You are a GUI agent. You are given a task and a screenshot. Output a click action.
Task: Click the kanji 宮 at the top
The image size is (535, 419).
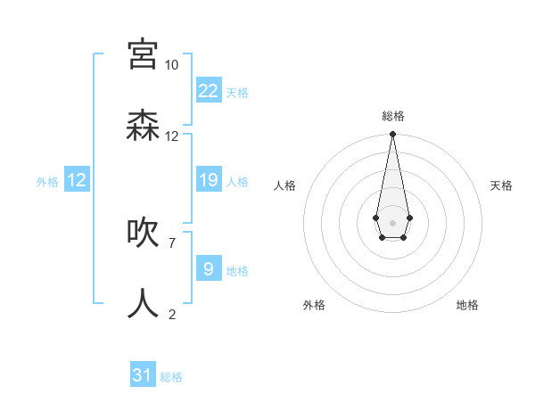[143, 55]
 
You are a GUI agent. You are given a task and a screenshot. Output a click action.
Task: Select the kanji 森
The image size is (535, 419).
[143, 126]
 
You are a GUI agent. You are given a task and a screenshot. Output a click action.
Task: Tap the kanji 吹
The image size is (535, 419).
[143, 233]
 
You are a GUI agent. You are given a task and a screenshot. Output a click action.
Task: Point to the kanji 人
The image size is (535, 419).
[143, 304]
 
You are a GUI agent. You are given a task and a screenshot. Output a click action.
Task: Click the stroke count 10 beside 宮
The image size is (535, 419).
[171, 65]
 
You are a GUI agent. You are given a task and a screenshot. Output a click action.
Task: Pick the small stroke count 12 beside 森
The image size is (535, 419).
[171, 136]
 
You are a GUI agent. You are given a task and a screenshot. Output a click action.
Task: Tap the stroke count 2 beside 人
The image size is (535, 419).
[171, 314]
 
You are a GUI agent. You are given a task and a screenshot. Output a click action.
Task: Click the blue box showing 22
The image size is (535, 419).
[208, 91]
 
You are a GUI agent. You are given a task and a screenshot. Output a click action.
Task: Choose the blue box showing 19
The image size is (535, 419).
[208, 180]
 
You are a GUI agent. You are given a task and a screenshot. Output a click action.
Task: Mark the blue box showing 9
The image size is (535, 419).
[208, 268]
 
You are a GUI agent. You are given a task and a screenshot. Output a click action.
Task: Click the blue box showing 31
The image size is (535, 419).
[143, 375]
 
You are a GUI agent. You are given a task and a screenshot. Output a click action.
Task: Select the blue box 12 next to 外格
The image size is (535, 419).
[77, 180]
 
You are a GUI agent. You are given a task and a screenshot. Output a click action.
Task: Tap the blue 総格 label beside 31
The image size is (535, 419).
[171, 377]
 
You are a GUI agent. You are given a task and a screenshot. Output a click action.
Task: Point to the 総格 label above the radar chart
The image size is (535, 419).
[393, 116]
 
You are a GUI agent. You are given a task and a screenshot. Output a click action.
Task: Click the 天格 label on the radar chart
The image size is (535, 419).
[501, 185]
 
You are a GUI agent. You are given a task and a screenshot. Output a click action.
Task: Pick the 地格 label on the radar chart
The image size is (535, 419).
[467, 305]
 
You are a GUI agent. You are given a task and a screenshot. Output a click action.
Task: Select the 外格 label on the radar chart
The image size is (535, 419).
[314, 305]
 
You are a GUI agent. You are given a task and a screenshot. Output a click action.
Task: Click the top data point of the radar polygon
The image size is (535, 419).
[392, 135]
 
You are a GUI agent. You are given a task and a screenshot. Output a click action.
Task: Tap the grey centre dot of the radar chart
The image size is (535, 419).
[392, 221]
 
